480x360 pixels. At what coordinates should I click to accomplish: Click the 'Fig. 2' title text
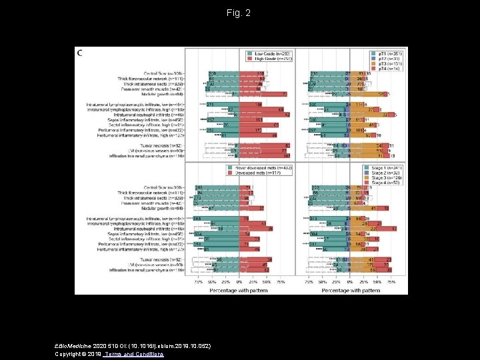(239, 13)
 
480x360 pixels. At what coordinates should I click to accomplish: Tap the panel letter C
(81, 52)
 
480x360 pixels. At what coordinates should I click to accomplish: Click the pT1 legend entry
(387, 53)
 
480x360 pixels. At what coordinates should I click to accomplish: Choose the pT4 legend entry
(387, 68)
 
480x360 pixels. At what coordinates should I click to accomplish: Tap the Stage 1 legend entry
(387, 167)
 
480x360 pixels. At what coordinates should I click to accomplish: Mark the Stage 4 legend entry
(387, 182)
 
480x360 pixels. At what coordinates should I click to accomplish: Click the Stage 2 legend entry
(387, 172)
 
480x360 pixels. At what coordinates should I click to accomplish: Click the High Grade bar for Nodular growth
(263, 94)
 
